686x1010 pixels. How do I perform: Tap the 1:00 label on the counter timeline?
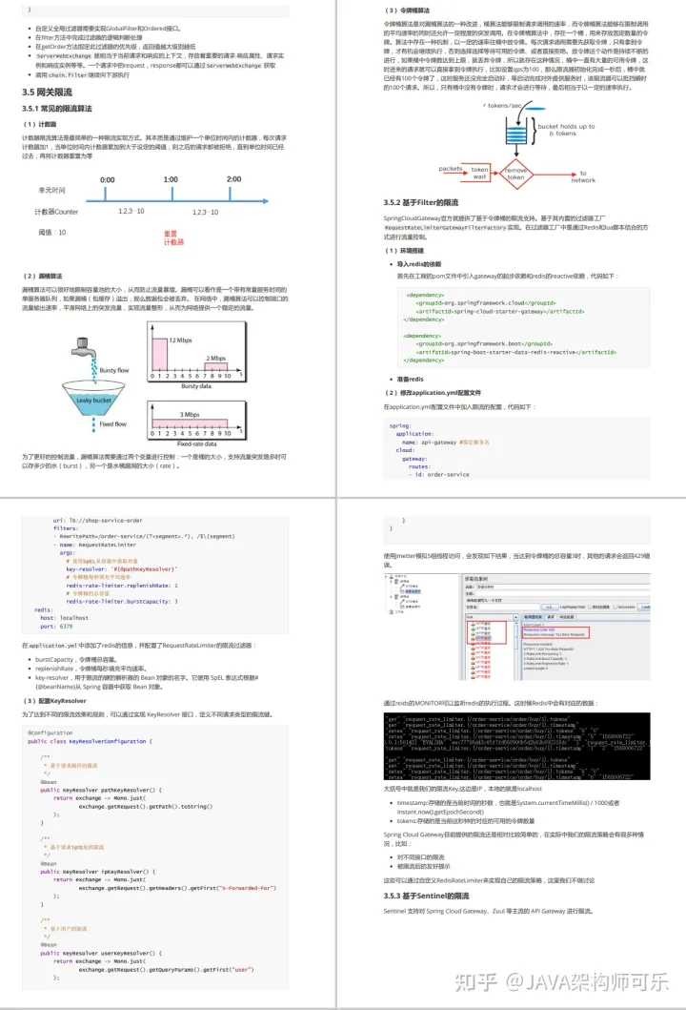point(171,179)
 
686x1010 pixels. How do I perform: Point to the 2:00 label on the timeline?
point(233,179)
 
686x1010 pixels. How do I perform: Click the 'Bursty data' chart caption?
point(195,386)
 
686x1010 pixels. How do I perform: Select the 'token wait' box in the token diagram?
point(479,173)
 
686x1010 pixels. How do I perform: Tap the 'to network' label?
point(582,176)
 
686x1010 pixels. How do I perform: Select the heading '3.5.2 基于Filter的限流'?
point(420,202)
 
